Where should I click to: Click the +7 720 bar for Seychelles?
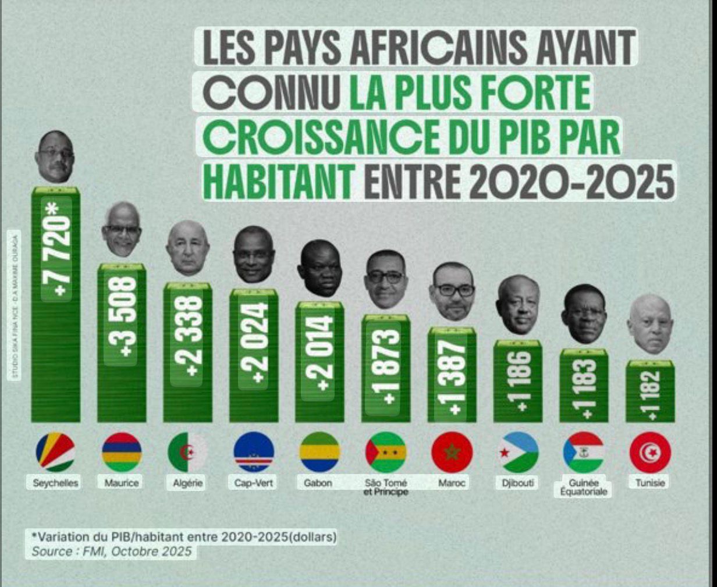tap(55, 305)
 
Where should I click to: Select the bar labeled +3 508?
tap(122, 343)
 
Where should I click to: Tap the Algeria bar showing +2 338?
tap(187, 353)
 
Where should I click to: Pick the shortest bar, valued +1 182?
tap(650, 391)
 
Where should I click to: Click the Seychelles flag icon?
tap(55, 451)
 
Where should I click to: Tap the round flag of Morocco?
tap(452, 451)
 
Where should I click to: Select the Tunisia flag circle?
tap(650, 451)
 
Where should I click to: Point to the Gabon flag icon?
tap(320, 451)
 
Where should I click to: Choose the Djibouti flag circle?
tap(518, 451)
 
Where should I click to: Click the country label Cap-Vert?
tap(254, 483)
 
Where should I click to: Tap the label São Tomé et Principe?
tap(386, 487)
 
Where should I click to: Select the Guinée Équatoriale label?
tap(584, 487)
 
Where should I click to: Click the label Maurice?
tap(122, 483)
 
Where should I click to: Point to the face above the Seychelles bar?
tap(55, 156)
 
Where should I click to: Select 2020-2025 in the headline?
tap(571, 181)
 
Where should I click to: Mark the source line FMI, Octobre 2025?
tap(111, 551)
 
